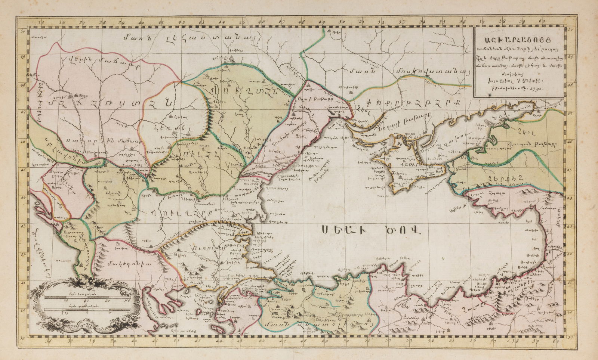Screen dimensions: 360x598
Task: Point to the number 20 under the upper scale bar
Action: (66, 300)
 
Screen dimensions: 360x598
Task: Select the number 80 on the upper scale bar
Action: (127, 300)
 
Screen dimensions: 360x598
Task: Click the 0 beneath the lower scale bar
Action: (87, 313)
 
